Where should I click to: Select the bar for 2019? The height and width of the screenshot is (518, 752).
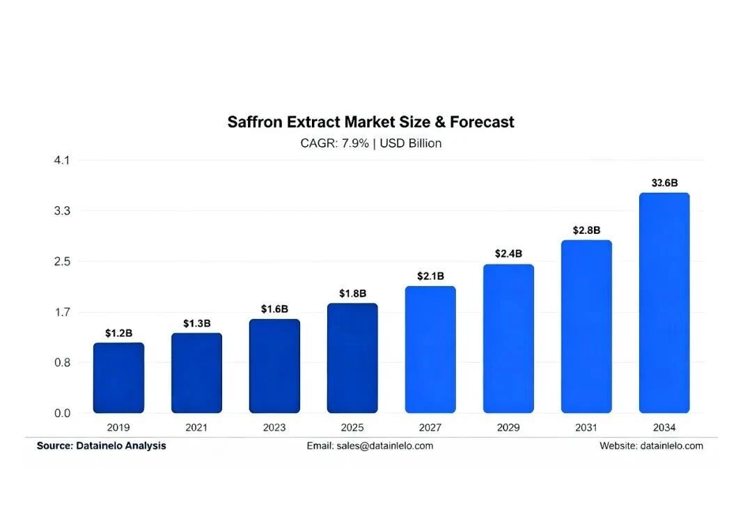(x=118, y=378)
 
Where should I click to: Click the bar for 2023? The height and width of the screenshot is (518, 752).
(x=274, y=366)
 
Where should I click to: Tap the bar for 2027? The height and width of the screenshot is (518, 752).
(x=430, y=350)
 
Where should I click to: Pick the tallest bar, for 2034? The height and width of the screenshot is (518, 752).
(x=664, y=303)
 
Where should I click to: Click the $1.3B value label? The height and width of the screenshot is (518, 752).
(x=196, y=324)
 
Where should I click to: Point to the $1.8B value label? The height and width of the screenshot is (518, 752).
(x=352, y=294)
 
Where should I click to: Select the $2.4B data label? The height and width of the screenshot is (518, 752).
(x=508, y=253)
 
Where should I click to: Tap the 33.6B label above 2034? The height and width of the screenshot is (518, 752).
(x=664, y=182)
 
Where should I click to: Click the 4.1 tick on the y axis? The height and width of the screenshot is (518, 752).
(x=62, y=160)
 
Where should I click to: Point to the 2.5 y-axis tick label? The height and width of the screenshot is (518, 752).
(x=62, y=261)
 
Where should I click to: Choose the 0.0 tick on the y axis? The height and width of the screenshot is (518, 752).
(x=62, y=414)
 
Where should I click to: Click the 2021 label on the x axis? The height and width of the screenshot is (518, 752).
(x=196, y=427)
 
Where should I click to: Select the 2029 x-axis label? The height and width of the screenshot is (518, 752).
(x=508, y=427)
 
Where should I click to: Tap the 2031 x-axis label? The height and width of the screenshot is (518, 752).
(x=586, y=427)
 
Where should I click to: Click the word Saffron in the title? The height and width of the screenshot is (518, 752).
(x=255, y=122)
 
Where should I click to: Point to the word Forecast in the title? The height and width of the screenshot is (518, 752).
(x=482, y=122)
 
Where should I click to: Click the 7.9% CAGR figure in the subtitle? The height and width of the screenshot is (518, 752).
(x=355, y=143)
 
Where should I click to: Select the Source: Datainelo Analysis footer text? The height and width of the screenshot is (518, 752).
(x=101, y=446)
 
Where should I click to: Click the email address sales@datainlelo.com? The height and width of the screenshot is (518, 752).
(x=384, y=446)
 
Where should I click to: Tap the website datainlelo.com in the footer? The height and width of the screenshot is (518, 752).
(x=671, y=446)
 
